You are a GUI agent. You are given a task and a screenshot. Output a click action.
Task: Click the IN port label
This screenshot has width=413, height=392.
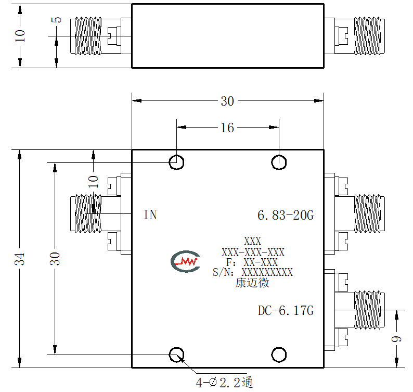[x=150, y=215]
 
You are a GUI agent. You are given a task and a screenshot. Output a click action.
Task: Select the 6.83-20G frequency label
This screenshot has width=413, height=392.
[x=286, y=216]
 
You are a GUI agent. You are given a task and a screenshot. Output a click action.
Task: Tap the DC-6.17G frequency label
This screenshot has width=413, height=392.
[x=286, y=311]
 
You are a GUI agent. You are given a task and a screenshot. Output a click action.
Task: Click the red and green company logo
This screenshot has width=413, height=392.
[x=185, y=261]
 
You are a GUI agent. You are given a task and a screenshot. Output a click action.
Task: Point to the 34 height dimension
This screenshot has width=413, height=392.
[x=19, y=259]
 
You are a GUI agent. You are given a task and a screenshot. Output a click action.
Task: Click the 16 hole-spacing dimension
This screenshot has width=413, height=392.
[x=227, y=128]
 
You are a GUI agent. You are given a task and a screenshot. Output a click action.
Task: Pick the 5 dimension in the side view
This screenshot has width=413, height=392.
[x=57, y=20]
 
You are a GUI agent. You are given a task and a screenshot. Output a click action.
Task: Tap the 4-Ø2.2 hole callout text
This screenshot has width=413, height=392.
[x=224, y=383]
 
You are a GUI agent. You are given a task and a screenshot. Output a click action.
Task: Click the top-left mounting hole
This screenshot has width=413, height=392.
[x=176, y=162]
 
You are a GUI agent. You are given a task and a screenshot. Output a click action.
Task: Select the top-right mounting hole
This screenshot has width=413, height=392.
[x=279, y=162]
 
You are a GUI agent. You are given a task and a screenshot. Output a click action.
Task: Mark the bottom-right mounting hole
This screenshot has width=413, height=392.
[x=279, y=355]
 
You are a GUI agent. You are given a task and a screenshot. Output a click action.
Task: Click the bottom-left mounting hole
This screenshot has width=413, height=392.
[x=176, y=355]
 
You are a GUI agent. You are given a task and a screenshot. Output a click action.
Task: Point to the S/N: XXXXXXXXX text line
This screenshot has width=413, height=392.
[x=253, y=272]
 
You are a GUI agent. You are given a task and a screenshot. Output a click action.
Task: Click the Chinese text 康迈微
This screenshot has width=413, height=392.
[x=252, y=283]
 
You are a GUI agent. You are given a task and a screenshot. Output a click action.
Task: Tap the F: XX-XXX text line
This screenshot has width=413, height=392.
[x=252, y=262]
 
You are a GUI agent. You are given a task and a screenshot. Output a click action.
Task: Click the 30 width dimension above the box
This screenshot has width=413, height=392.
[x=227, y=101]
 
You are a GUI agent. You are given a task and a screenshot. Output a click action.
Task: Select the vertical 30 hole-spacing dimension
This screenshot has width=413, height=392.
[x=55, y=259]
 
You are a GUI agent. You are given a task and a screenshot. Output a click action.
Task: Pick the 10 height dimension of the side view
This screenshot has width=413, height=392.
[x=20, y=36]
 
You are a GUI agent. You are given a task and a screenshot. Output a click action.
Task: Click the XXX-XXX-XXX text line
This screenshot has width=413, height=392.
[x=253, y=252]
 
